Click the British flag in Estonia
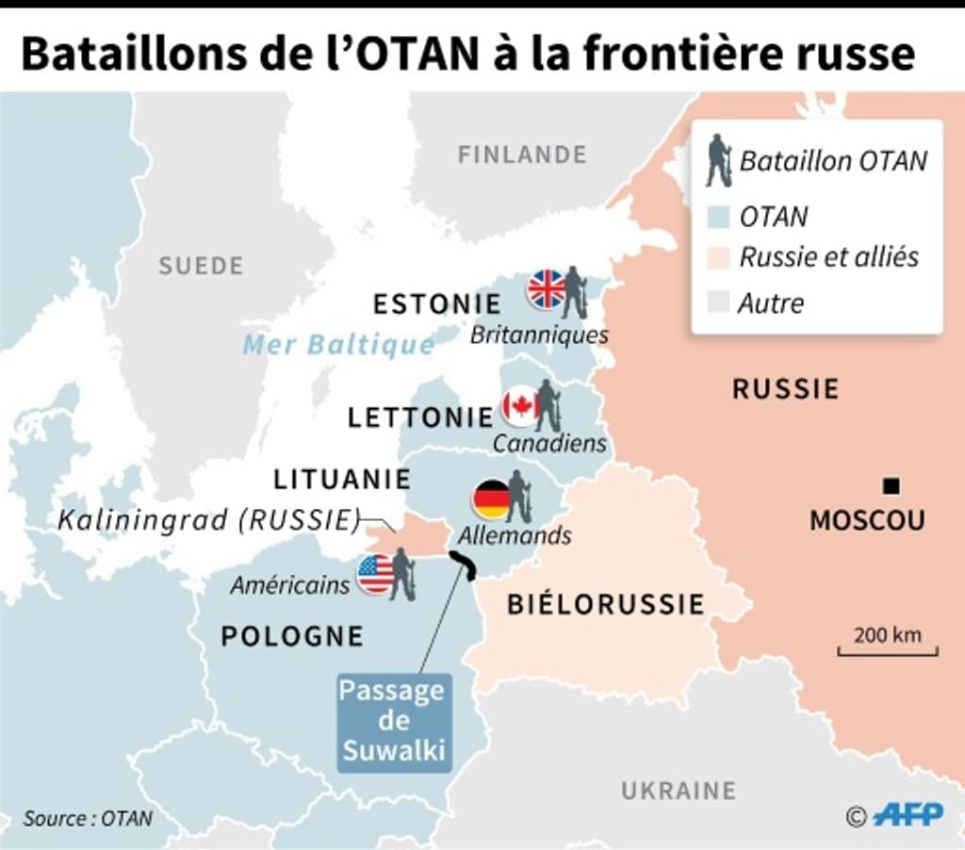(547, 288)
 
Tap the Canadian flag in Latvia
(520, 405)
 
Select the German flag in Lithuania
(491, 499)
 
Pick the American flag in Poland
(375, 574)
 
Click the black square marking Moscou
(891, 486)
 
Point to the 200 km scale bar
(889, 649)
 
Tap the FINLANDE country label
(522, 154)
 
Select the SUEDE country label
(201, 266)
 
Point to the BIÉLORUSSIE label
(606, 603)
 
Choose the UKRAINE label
(678, 790)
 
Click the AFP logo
(906, 815)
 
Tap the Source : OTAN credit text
(88, 818)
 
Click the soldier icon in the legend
(719, 159)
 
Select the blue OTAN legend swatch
(718, 217)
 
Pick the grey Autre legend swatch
(718, 302)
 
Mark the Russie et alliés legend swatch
(718, 257)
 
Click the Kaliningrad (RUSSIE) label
(209, 519)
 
